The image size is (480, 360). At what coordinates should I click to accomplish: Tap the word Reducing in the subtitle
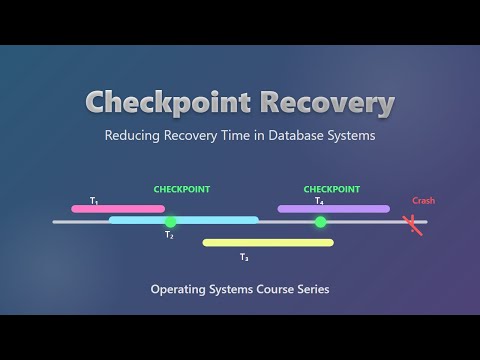coord(134,136)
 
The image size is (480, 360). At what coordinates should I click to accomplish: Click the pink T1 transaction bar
coord(117,209)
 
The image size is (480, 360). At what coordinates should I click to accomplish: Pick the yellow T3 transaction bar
coord(268,242)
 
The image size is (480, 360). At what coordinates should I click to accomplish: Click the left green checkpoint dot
coord(170,222)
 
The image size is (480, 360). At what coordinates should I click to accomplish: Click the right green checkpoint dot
coord(320,222)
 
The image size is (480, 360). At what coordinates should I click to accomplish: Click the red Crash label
coord(423,201)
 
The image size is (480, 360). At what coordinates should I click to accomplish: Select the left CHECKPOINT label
coord(181,189)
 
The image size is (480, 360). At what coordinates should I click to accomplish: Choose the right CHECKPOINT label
coord(331,189)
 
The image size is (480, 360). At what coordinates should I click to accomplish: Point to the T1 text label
coord(94,201)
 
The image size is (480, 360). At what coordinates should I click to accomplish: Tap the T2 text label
coord(169,236)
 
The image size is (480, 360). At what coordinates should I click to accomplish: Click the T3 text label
coord(244,257)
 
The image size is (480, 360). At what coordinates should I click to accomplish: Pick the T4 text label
coord(319,201)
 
